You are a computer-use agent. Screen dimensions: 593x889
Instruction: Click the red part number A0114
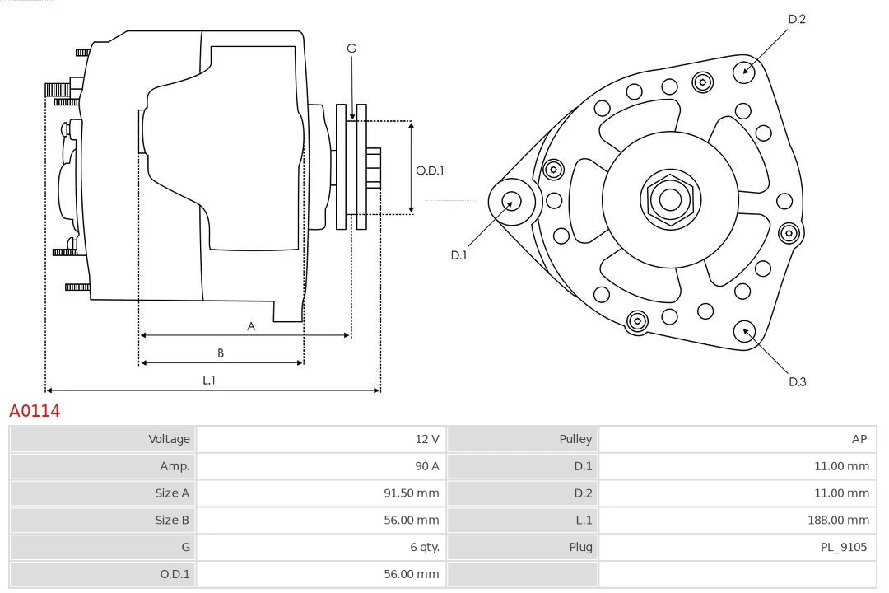pos(35,410)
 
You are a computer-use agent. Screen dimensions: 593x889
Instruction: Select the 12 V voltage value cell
pos(426,439)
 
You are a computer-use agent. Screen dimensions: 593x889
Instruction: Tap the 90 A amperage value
pos(426,466)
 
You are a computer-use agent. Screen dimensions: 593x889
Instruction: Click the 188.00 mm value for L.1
pos(838,520)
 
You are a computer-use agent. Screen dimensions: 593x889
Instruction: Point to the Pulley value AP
pos(859,439)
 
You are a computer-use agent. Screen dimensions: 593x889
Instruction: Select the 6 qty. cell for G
pos(421,547)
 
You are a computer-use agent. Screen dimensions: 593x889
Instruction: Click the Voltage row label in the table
pos(169,439)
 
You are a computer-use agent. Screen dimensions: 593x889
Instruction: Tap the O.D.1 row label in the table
pos(175,574)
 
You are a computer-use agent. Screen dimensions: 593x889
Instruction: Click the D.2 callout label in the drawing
pos(797,19)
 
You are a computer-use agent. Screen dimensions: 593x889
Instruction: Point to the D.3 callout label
pos(797,381)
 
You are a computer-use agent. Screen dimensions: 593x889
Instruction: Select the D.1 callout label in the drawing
pos(458,255)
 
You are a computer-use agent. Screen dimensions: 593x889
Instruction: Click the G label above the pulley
pos(351,49)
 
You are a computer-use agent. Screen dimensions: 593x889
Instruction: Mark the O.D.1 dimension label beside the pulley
pos(430,170)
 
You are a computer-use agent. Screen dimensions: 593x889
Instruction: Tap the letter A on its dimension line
pos(251,326)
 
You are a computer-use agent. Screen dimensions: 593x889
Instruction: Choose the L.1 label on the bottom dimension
pos(209,380)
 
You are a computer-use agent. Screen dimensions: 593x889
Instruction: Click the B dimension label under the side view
pos(221,353)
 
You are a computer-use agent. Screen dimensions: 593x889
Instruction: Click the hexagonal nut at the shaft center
pos(670,198)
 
